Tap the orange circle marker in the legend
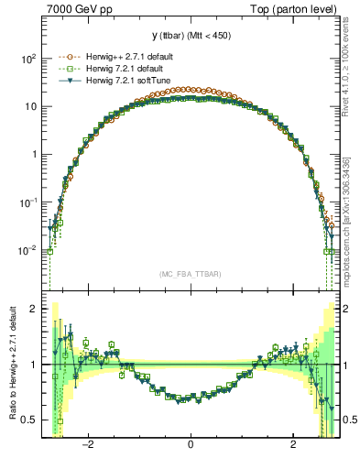(65, 57)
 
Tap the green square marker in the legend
(65, 69)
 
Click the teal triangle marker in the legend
(65, 81)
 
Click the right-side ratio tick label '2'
(346, 309)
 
